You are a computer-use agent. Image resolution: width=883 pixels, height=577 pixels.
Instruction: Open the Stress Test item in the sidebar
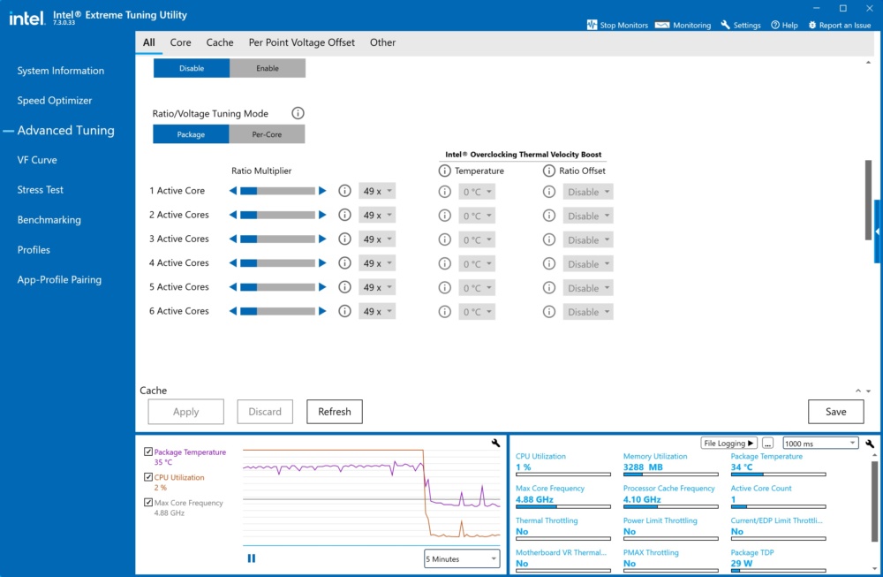click(40, 190)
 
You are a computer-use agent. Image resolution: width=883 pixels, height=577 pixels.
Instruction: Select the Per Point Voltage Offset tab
click(302, 42)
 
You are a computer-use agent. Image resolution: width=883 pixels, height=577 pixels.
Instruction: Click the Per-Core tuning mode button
click(267, 134)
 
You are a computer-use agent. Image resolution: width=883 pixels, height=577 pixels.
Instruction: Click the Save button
click(835, 412)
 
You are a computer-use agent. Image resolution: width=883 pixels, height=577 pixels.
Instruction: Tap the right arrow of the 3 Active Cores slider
click(322, 239)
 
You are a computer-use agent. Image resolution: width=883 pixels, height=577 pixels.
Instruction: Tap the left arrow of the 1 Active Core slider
click(233, 191)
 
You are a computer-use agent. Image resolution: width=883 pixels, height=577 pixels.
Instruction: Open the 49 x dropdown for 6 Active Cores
click(377, 312)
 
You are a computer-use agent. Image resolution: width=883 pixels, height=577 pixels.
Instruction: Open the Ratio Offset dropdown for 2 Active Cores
click(588, 216)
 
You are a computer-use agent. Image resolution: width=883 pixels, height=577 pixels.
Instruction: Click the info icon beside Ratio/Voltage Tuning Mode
click(298, 113)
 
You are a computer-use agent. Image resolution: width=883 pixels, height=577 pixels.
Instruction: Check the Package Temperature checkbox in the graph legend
click(148, 452)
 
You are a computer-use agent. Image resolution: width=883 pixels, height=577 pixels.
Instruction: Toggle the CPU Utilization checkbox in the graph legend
click(148, 476)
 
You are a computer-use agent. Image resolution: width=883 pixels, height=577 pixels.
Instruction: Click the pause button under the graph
click(251, 558)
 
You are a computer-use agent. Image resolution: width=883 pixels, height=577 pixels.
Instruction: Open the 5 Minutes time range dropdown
click(462, 559)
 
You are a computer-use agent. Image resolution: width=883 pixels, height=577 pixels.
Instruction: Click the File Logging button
click(728, 443)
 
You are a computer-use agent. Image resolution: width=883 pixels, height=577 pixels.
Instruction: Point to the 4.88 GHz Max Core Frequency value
click(534, 499)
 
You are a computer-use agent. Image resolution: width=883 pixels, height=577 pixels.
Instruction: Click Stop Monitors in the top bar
click(617, 25)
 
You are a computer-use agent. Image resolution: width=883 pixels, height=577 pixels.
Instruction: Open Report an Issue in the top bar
click(840, 25)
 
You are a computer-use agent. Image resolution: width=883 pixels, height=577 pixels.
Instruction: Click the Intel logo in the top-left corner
click(26, 18)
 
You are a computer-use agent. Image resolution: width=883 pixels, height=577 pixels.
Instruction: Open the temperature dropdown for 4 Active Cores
click(477, 263)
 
